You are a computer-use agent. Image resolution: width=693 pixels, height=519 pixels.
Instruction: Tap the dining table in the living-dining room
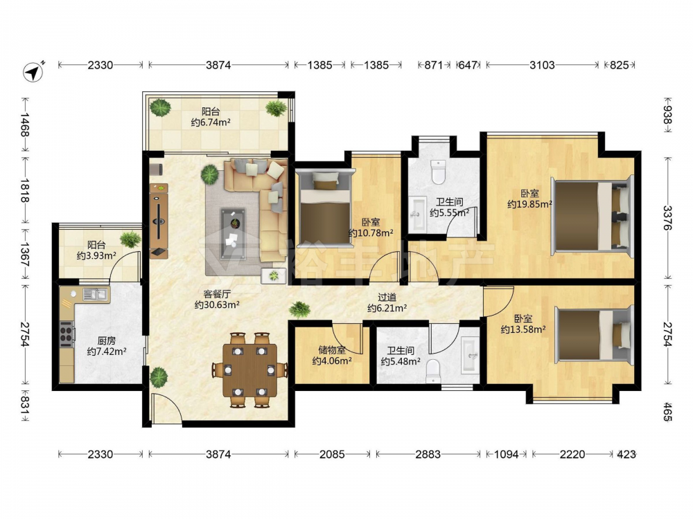(x=249, y=370)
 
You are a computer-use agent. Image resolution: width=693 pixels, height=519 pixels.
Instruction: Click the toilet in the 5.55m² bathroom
(x=437, y=172)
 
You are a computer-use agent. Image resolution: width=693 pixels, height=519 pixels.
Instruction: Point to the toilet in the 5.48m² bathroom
(x=433, y=370)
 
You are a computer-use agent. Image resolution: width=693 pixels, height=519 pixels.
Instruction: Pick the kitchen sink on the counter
(x=95, y=293)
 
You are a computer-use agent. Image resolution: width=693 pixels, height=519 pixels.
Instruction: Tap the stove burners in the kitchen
(x=67, y=333)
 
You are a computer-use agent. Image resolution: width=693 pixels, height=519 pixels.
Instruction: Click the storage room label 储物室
(x=332, y=350)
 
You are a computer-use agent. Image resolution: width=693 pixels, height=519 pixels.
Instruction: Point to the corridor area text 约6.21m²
(x=387, y=308)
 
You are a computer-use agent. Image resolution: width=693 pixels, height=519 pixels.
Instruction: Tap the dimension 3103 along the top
(x=542, y=65)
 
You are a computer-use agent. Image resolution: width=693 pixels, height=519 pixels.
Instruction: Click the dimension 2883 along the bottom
(x=428, y=454)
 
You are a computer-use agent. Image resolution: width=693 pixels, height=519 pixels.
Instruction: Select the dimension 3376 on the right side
(x=667, y=218)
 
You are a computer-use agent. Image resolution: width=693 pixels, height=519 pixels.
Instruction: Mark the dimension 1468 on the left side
(x=25, y=125)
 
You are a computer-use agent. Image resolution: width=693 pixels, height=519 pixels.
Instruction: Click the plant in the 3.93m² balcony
(x=130, y=239)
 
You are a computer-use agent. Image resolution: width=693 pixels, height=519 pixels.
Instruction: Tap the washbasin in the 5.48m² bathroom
(x=469, y=354)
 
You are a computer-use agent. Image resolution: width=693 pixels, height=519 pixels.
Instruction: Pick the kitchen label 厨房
(x=107, y=340)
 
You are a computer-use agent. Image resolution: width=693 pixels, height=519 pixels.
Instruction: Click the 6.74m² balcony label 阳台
(x=211, y=111)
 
